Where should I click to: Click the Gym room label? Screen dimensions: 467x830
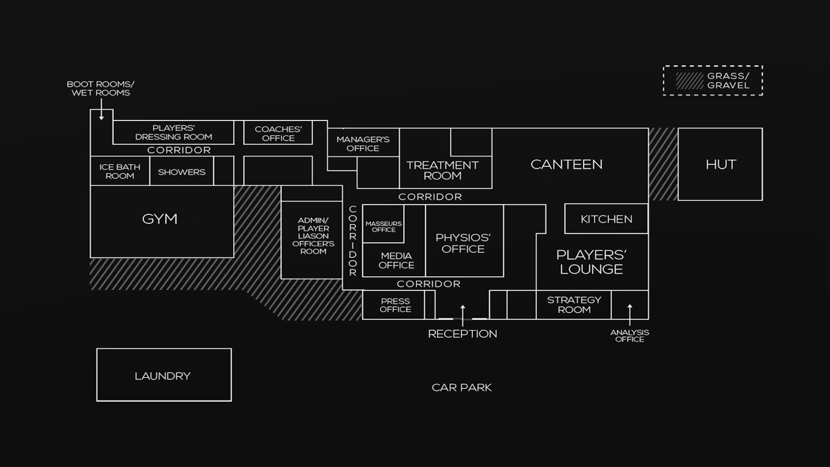[160, 219]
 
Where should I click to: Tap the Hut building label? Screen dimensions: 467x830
[721, 164]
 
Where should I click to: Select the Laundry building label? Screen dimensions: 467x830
[163, 376]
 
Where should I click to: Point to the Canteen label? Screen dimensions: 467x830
[566, 164]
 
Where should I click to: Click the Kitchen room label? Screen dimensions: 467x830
[606, 219]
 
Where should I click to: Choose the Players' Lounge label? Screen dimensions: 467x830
[591, 262]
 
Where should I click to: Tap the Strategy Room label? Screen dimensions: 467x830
[574, 305]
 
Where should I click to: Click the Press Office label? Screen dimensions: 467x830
[395, 305]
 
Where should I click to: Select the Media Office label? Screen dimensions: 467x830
[396, 261]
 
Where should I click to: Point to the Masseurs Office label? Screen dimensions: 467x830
[383, 227]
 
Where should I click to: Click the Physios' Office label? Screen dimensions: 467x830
[463, 243]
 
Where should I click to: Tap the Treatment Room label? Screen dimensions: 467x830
[442, 170]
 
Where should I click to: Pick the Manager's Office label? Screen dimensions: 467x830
[363, 144]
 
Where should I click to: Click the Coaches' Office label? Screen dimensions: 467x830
[278, 134]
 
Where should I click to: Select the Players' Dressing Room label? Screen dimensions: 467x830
[173, 132]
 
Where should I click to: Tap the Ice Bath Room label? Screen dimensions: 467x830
[120, 171]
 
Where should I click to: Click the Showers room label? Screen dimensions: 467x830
[182, 172]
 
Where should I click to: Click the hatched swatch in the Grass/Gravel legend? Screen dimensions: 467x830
[690, 81]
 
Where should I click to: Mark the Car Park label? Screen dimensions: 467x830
[461, 387]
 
